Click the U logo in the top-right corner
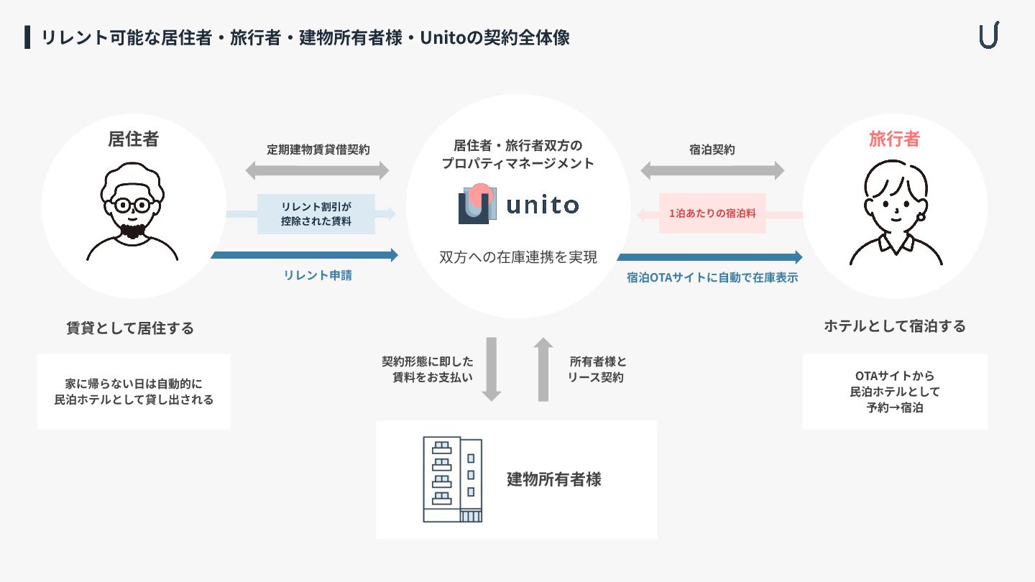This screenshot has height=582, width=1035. [989, 36]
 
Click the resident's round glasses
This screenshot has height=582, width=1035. [132, 205]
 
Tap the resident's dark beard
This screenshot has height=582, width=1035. [132, 231]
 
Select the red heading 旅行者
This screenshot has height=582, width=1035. [894, 139]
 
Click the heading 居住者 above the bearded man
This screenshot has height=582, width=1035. [133, 139]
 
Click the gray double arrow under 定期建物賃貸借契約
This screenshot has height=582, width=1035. [317, 171]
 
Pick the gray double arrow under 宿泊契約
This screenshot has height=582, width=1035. [712, 171]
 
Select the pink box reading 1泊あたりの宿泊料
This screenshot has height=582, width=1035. [712, 213]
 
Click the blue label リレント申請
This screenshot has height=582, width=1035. [318, 275]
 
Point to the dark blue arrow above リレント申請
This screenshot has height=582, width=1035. [305, 255]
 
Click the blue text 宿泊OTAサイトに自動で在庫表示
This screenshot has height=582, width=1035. [712, 277]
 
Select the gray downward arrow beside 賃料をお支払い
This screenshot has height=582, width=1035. [491, 369]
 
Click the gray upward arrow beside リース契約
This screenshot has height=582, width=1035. [544, 369]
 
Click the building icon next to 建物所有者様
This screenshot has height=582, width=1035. [452, 479]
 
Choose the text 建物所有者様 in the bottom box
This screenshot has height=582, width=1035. [553, 479]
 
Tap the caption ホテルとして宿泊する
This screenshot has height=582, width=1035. [894, 326]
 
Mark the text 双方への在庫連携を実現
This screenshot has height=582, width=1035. [517, 257]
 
